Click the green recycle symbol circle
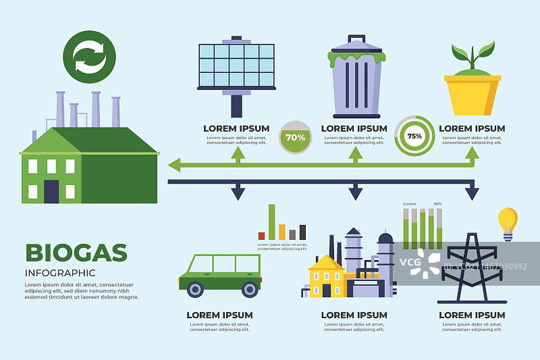[x=89, y=57]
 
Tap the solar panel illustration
[x=236, y=66]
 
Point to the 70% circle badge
[x=295, y=137]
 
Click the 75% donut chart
[x=414, y=136]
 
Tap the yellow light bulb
[x=508, y=221]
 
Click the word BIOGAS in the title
[x=76, y=253]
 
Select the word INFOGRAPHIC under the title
[x=60, y=273]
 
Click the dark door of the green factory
[x=51, y=191]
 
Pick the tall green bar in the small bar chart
[x=272, y=222]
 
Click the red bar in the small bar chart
[x=261, y=236]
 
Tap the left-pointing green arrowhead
[x=175, y=164]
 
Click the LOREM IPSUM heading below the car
[x=219, y=315]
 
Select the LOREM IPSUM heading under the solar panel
[x=236, y=128]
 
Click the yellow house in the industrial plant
[x=327, y=277]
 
